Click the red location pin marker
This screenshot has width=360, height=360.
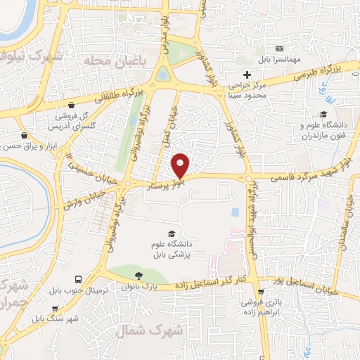(181, 165)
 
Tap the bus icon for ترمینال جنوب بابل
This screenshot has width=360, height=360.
(79, 279)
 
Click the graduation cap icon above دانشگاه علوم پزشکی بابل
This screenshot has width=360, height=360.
(172, 233)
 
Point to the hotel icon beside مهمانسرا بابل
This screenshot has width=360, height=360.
(280, 49)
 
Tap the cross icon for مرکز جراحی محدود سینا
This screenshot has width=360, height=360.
(246, 75)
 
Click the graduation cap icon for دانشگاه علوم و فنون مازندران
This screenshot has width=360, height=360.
(323, 115)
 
